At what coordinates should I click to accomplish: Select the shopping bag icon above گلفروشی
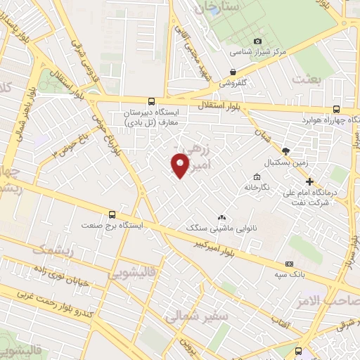coord(233,72)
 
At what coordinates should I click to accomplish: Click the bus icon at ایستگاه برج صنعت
coord(111,215)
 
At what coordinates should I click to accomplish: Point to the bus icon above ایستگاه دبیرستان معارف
coord(152,102)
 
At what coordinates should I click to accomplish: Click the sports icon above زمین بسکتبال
coord(285,150)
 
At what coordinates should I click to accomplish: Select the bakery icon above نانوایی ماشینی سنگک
coord(222,218)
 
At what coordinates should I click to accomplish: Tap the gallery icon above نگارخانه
coord(257,177)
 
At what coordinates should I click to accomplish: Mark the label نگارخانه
coord(257,188)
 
